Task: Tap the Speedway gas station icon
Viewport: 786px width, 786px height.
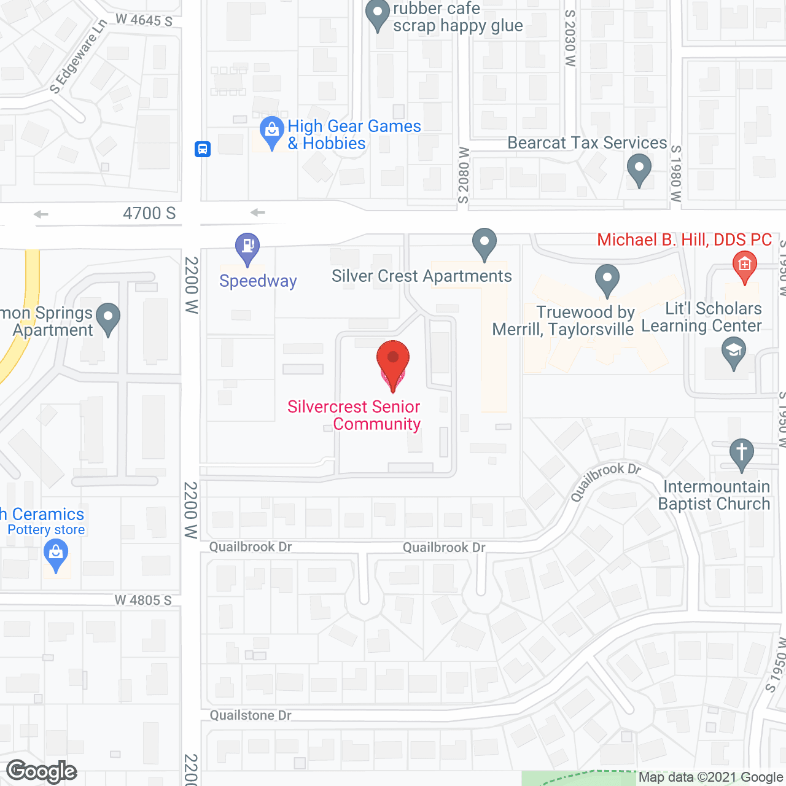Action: [247, 248]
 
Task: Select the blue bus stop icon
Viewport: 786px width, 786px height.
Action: [203, 149]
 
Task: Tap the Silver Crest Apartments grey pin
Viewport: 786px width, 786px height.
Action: [484, 243]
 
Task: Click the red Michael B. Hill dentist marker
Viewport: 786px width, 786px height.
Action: [744, 267]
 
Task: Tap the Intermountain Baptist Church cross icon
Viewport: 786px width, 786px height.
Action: [741, 454]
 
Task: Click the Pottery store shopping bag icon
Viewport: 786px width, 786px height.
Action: [56, 554]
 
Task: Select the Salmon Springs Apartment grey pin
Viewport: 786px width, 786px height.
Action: [109, 318]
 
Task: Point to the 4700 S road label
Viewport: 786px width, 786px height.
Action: [149, 213]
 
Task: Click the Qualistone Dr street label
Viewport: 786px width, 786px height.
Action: [251, 715]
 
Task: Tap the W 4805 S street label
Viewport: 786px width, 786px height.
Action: [143, 600]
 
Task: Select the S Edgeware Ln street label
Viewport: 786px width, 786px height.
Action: [77, 56]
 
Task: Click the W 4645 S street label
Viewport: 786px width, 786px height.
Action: [144, 20]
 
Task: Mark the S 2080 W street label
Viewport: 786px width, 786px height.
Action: [464, 175]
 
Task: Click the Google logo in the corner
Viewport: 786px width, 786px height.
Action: [42, 771]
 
